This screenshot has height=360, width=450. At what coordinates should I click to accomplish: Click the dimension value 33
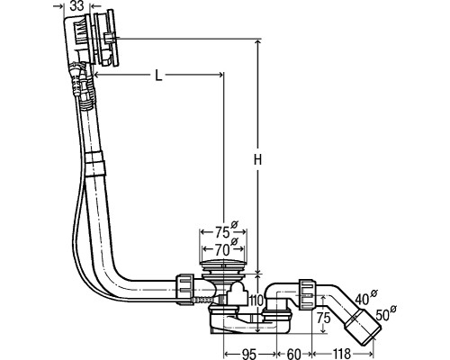point(76,6)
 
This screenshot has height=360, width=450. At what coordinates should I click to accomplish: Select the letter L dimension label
point(158,76)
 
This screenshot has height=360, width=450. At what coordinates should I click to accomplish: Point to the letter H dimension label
point(257,159)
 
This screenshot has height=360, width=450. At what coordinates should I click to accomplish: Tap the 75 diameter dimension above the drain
point(223,230)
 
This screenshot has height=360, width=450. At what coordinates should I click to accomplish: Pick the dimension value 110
point(256,300)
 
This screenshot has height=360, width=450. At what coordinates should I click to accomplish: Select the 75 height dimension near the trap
point(323,318)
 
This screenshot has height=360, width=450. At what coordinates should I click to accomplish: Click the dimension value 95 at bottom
point(248,355)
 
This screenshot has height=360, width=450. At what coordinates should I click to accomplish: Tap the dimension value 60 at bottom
point(293,355)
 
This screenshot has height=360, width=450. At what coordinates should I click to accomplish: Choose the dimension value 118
point(341,355)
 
